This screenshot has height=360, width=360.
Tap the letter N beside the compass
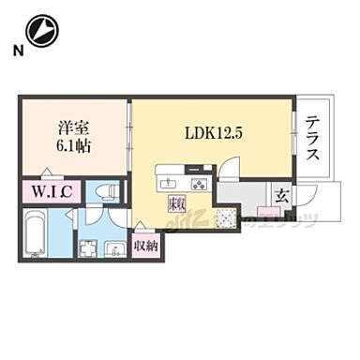coord(16,51)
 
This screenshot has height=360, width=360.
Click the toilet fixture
coord(106,191)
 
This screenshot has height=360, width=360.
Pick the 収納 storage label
coord(144,247)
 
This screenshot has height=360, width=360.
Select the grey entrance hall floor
coord(246,195)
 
